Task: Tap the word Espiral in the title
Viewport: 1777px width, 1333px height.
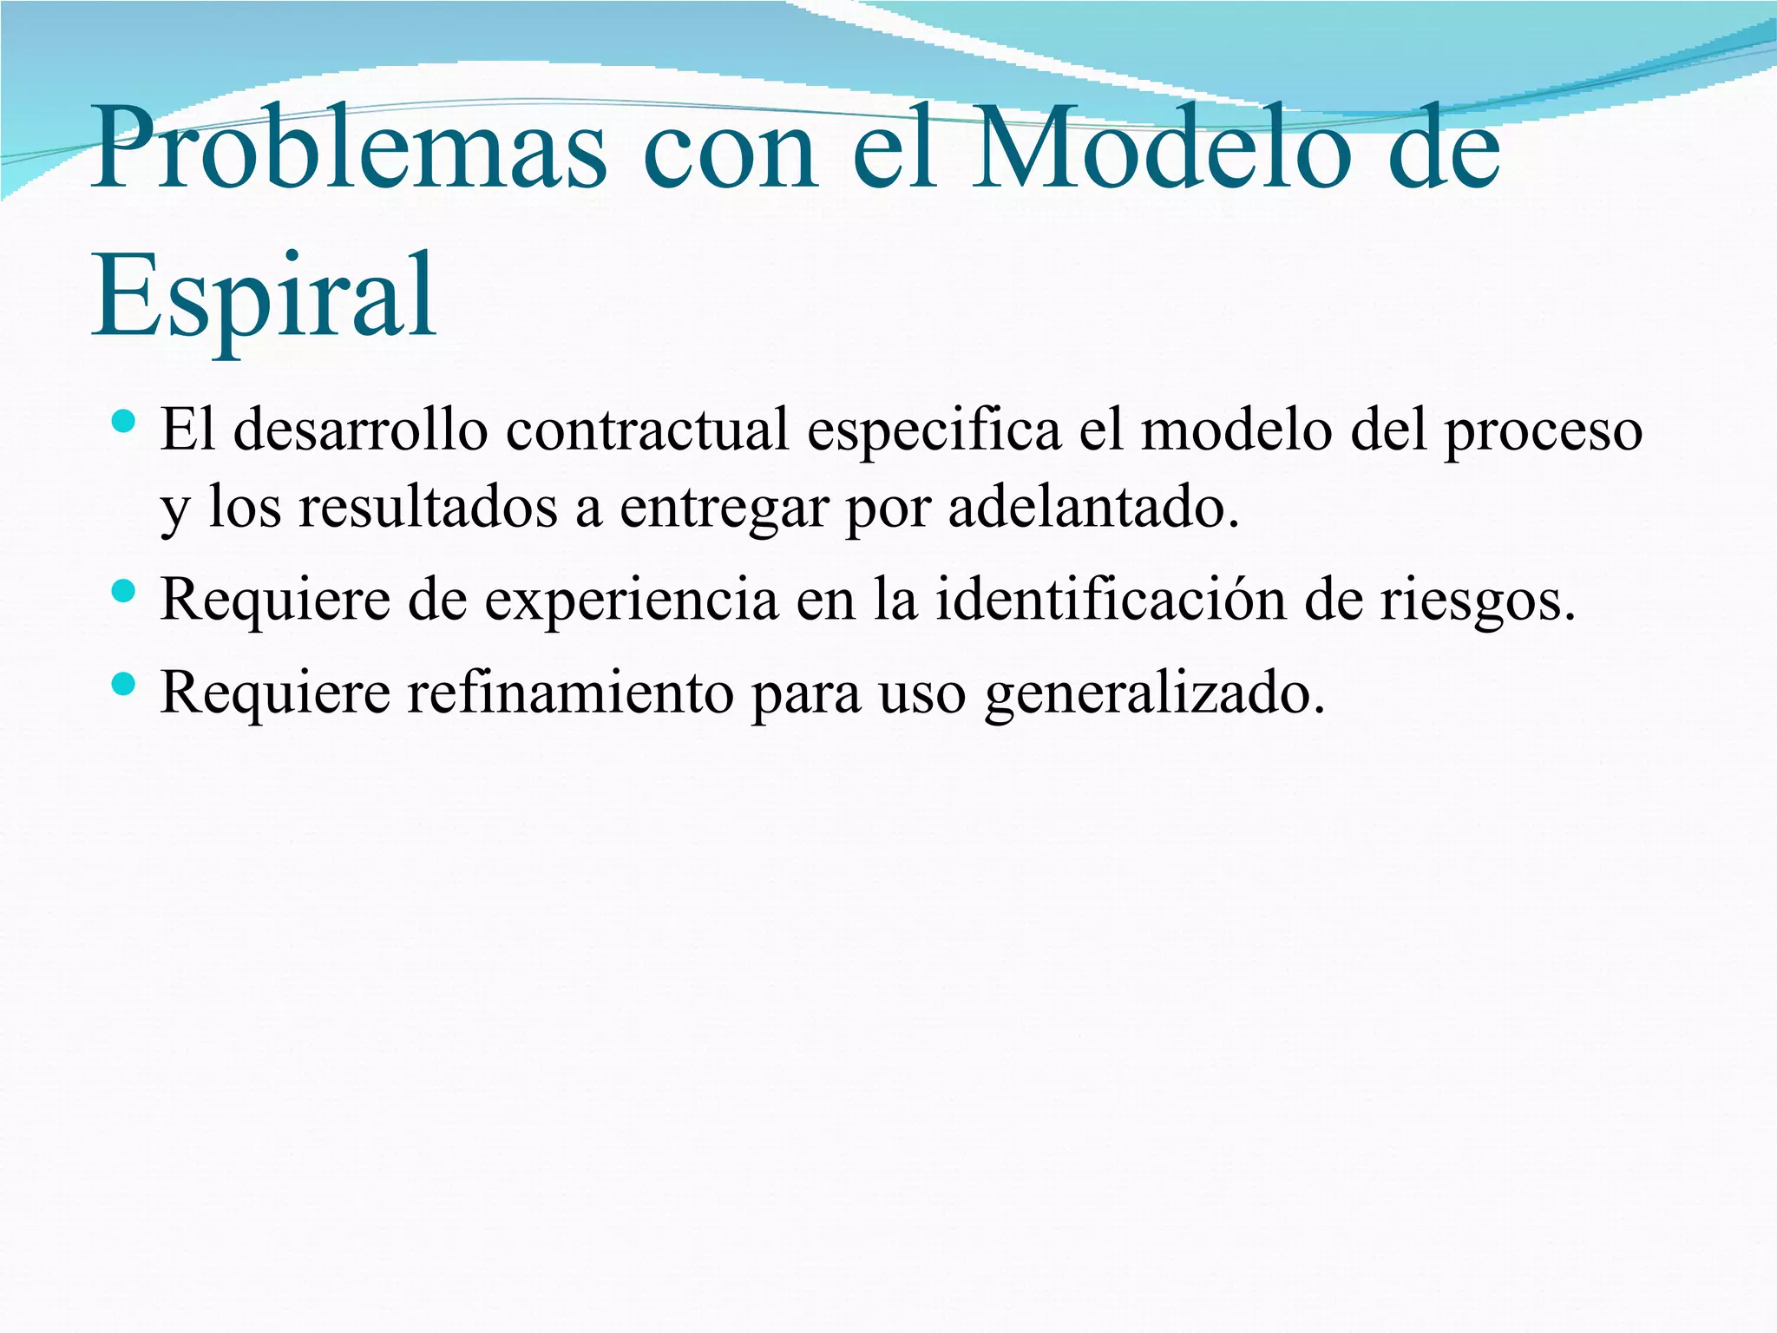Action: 264,295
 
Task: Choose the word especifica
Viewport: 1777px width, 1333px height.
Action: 934,430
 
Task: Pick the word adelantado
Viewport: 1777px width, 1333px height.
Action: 1092,508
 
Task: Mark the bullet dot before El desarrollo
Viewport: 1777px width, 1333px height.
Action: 125,423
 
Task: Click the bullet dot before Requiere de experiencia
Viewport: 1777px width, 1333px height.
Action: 125,592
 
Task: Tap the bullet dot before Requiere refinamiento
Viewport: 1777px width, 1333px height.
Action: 125,685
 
